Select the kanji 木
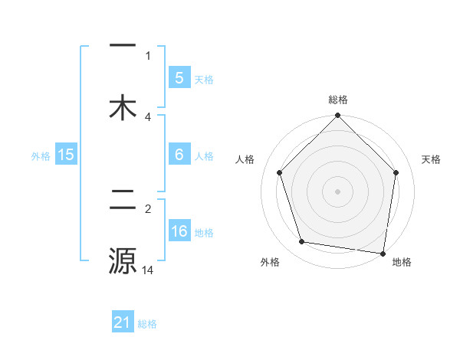(x=123, y=107)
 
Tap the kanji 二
(x=123, y=202)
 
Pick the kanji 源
(x=123, y=260)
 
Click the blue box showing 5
(x=179, y=77)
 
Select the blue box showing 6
(x=179, y=155)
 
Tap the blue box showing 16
(x=179, y=231)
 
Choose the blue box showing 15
(x=66, y=155)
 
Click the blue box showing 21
(x=123, y=322)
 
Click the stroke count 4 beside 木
(x=148, y=116)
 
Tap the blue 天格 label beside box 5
(x=204, y=80)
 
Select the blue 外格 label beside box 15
(x=41, y=156)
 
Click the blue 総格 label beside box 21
(x=147, y=324)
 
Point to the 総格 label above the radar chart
(x=337, y=100)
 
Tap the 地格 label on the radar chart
(x=402, y=262)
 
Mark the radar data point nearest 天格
(x=396, y=172)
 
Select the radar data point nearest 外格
(x=302, y=242)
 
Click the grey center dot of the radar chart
(x=337, y=191)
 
